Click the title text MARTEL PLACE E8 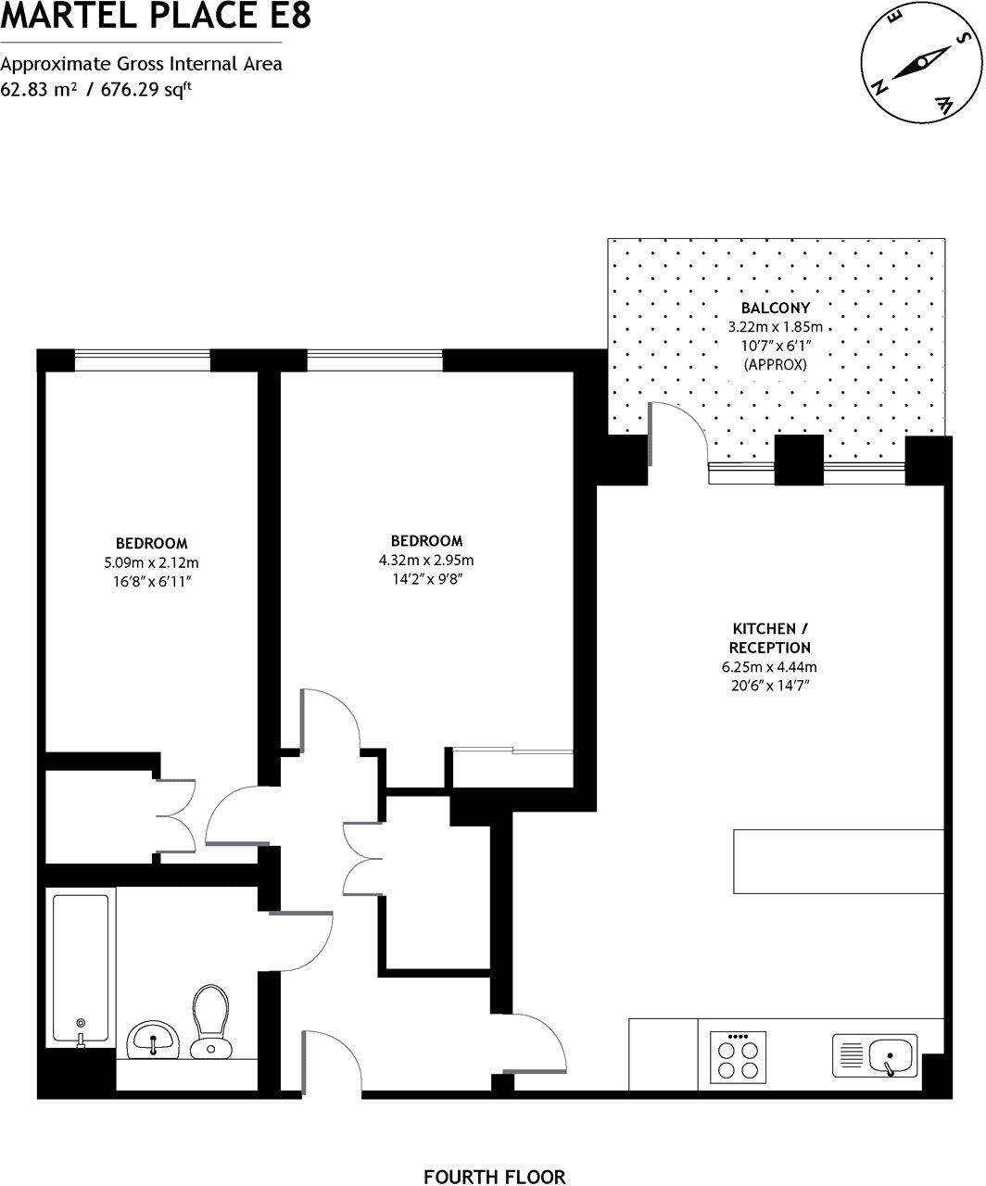click(156, 16)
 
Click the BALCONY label click(775, 308)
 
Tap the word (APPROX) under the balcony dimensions click(775, 365)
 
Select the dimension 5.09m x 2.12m click(152, 562)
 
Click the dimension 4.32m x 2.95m click(426, 561)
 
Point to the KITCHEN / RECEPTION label click(769, 638)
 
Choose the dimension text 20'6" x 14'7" click(769, 686)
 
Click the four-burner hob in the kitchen click(739, 1057)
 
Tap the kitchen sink click(876, 1056)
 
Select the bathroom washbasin click(153, 1039)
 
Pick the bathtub click(82, 966)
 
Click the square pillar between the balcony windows click(798, 461)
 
